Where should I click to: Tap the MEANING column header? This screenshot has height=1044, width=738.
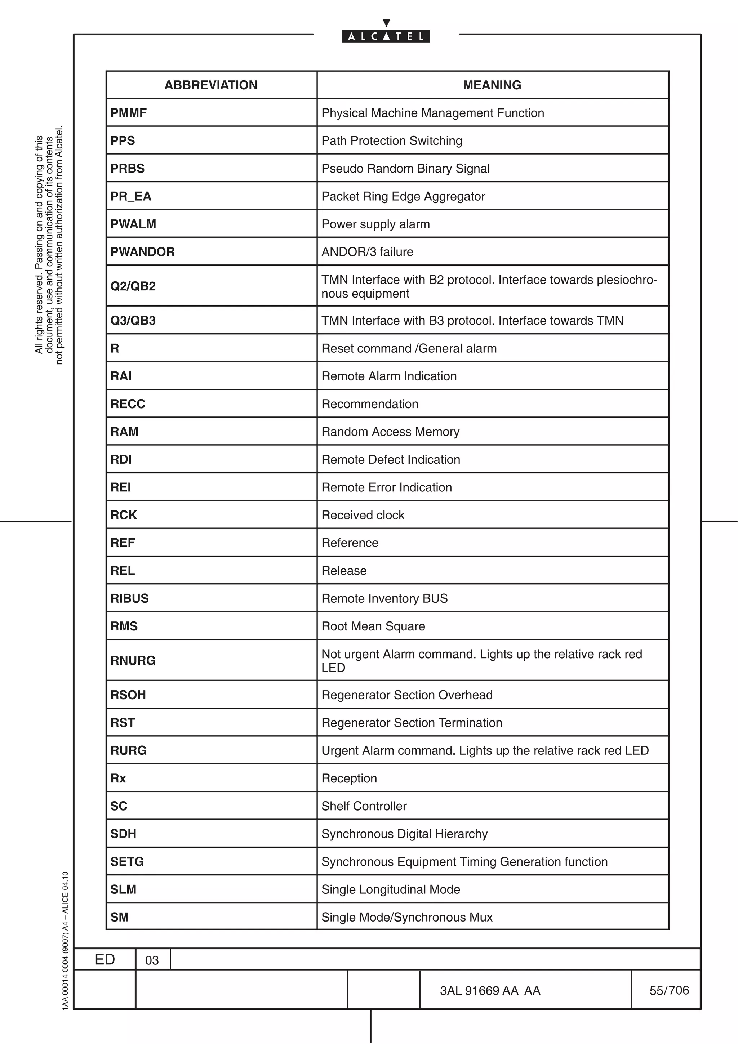[492, 85]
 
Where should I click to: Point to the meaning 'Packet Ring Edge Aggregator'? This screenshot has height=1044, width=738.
[403, 196]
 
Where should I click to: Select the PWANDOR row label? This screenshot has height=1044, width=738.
[142, 251]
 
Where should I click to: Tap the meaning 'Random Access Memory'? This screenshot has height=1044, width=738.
[390, 432]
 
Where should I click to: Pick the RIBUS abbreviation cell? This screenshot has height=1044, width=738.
[130, 598]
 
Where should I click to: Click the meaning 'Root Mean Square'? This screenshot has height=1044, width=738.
[373, 626]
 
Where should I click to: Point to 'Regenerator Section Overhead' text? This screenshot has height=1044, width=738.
[406, 695]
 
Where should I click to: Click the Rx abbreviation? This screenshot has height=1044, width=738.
[118, 778]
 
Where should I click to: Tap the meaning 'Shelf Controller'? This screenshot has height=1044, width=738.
[364, 806]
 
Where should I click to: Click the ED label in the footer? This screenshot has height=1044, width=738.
[105, 959]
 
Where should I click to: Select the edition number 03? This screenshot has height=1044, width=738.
[152, 960]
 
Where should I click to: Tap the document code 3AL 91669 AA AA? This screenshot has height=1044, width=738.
[490, 990]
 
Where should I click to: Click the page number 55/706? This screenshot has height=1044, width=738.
[669, 990]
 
